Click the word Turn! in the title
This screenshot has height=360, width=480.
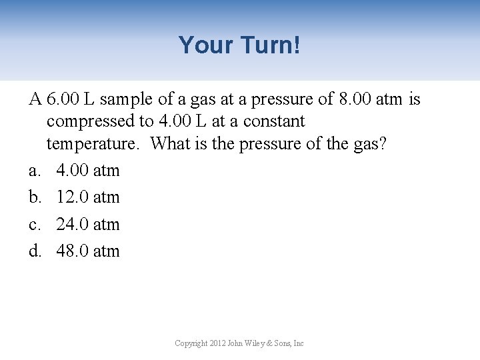click(271, 45)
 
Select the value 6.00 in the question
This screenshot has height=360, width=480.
click(62, 100)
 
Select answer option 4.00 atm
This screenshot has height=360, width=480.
click(88, 171)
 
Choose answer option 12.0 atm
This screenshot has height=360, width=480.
click(88, 197)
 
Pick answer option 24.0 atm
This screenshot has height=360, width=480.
click(88, 225)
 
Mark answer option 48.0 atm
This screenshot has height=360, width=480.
click(88, 251)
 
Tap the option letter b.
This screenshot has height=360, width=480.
click(34, 197)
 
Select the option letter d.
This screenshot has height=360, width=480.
click(34, 251)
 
